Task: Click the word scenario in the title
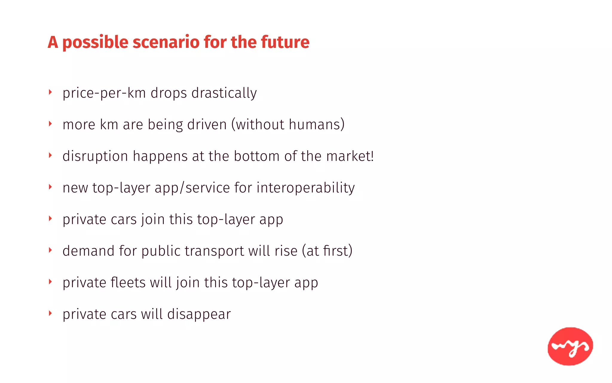coord(166,42)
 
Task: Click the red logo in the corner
coord(570,346)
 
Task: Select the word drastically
coord(224,93)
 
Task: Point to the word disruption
coord(95,156)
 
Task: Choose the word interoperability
coord(305,188)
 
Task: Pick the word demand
coord(88,251)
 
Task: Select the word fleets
coord(128,283)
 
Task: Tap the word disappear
coord(199,314)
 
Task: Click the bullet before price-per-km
coord(50,92)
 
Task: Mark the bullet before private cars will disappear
coord(50,313)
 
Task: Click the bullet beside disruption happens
coord(50,155)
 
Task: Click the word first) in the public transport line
coord(337,251)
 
